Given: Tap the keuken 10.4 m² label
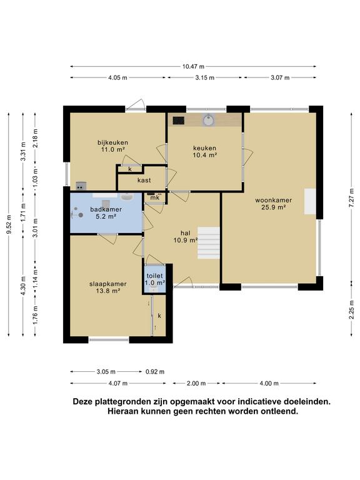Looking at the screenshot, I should click(204, 151).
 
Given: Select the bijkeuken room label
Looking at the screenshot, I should click(112, 146).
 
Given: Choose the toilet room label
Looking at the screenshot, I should click(155, 279).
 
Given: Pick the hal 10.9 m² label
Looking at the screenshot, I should click(185, 236).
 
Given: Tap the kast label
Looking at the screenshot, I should click(142, 180).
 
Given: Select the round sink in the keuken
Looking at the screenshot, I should click(207, 120).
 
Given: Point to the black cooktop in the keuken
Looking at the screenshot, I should click(178, 120).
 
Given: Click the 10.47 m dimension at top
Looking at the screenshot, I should click(193, 66).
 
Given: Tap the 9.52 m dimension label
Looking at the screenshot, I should click(9, 223).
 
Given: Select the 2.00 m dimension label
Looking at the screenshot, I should click(196, 384).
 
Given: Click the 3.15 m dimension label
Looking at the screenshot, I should click(204, 77).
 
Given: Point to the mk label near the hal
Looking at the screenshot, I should click(154, 197).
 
